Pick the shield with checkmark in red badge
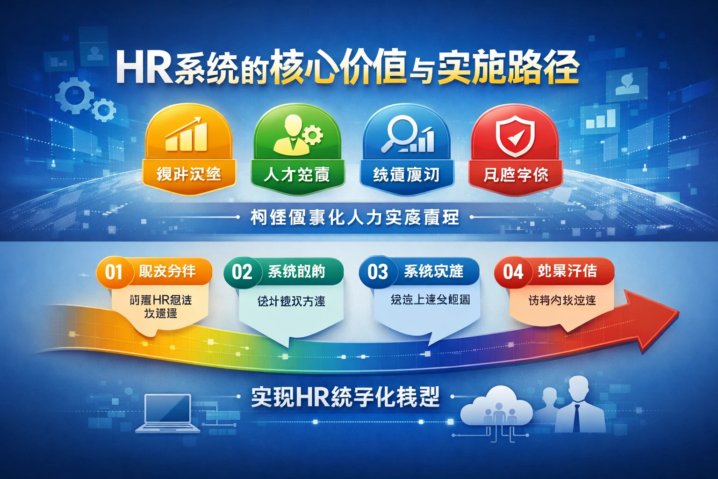(x=515, y=136)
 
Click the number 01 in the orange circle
(x=114, y=272)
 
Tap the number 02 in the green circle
(x=242, y=272)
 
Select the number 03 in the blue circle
(x=377, y=272)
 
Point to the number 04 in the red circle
(x=513, y=272)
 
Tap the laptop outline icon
(x=168, y=414)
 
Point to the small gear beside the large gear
(x=103, y=111)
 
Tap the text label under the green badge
(x=297, y=174)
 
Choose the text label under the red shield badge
(x=515, y=175)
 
